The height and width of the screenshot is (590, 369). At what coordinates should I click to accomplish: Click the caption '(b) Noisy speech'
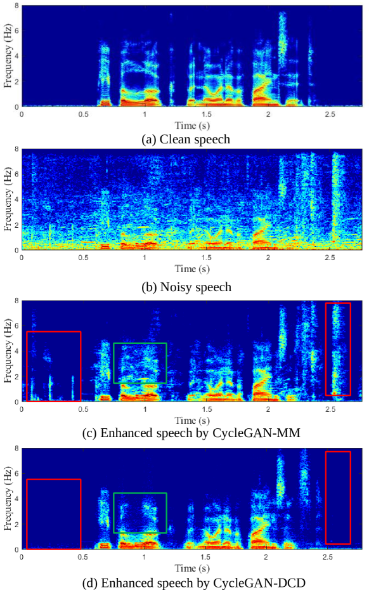[186, 287]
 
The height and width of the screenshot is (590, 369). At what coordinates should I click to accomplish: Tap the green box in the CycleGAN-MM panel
[139, 363]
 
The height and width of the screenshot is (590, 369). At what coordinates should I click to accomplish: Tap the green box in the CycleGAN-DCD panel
[139, 513]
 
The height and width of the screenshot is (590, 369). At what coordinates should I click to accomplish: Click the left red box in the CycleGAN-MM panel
[53, 366]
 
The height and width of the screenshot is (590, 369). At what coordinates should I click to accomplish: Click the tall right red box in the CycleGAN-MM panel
[338, 349]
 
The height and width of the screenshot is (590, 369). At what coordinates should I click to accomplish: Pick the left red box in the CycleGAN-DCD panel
[53, 514]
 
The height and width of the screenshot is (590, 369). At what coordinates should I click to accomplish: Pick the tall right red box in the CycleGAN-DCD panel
[338, 497]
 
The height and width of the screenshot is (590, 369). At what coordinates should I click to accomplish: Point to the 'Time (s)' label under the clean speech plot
[192, 126]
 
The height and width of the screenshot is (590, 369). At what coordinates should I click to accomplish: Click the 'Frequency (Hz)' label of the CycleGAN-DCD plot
[7, 499]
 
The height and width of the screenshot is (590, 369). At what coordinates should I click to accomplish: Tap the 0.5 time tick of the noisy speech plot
[83, 258]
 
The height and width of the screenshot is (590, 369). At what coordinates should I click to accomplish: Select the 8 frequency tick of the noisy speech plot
[16, 149]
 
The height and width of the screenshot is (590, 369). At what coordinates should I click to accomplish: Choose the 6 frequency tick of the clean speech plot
[16, 30]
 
